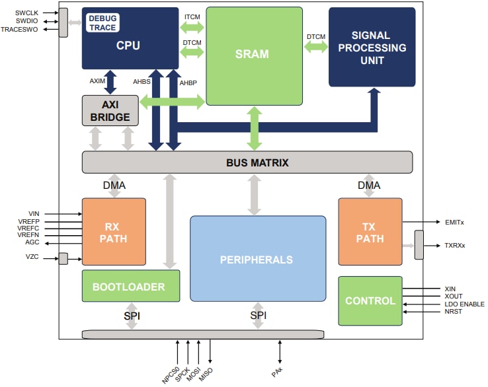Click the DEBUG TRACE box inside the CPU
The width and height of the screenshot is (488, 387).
click(102, 23)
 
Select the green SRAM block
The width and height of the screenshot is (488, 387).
click(253, 55)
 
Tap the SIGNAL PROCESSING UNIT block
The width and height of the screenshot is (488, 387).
click(372, 48)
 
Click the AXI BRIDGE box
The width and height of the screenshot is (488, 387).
click(110, 110)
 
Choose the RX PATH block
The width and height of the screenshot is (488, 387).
click(113, 232)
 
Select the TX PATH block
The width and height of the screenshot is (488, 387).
click(370, 232)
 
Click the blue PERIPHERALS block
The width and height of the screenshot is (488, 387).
click(258, 259)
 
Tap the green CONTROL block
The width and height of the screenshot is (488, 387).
click(370, 300)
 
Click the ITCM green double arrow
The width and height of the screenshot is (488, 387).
click(192, 27)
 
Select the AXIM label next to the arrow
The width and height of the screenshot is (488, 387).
click(98, 81)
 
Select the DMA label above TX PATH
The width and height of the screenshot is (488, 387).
click(369, 186)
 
